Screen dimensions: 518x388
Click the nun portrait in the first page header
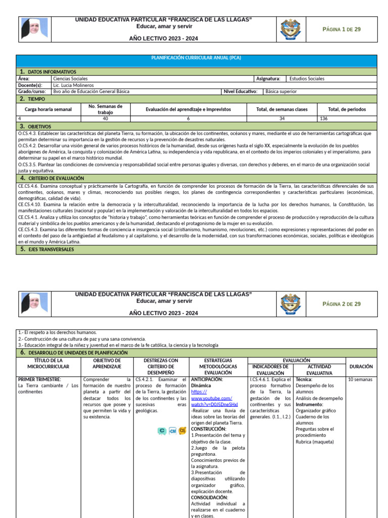[34, 29]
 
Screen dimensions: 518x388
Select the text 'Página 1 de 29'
[342, 29]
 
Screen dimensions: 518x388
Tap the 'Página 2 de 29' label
[342, 304]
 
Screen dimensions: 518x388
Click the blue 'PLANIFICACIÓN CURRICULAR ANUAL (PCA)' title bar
[197, 58]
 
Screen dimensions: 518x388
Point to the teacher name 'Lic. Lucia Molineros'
[72, 85]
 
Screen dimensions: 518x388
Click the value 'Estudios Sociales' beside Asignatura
[307, 79]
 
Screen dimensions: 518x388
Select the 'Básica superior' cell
[281, 92]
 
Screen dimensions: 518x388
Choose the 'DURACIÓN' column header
[361, 366]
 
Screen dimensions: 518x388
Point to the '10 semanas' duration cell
[361, 379]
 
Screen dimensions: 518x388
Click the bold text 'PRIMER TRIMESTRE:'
[39, 379]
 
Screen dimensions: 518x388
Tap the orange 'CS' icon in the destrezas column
[182, 430]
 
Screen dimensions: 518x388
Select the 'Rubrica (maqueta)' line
[315, 442]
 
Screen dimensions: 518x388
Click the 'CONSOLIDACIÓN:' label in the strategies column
[210, 497]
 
